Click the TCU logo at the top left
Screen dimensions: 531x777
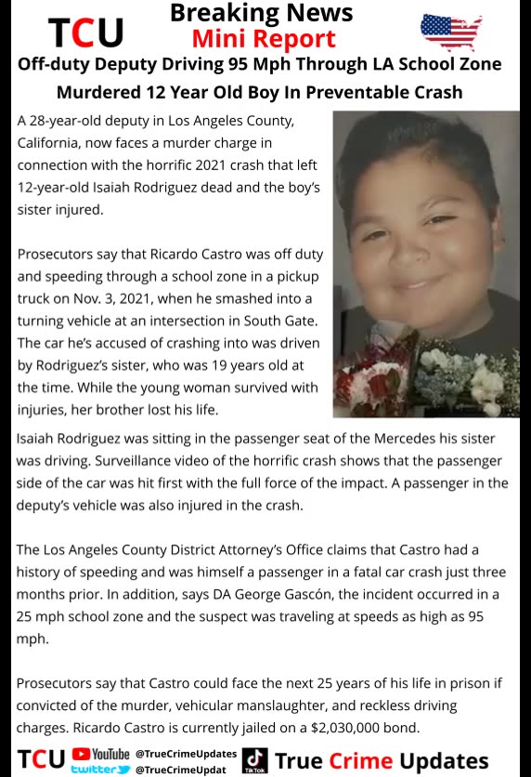click(x=85, y=33)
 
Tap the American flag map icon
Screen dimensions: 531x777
click(x=451, y=33)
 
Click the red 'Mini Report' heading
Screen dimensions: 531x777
click(x=264, y=39)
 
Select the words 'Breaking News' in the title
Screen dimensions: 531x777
click(x=262, y=13)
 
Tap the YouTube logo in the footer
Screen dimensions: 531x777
click(x=100, y=754)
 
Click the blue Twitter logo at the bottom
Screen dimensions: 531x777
click(x=100, y=770)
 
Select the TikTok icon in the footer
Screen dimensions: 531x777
click(x=254, y=761)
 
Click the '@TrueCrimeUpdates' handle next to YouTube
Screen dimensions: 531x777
click(x=186, y=754)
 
